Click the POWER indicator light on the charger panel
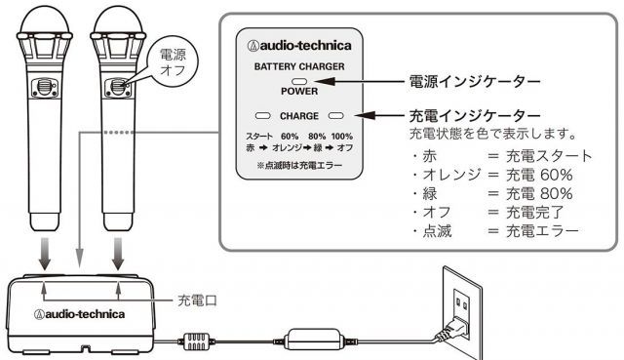pyautogui.click(x=299, y=82)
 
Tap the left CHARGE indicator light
pyautogui.click(x=262, y=116)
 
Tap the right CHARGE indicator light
pyautogui.click(x=335, y=116)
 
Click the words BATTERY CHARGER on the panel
pyautogui.click(x=299, y=66)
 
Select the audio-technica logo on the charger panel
pyautogui.click(x=299, y=46)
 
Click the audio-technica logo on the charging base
pyautogui.click(x=79, y=314)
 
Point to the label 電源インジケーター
pyautogui.click(x=475, y=81)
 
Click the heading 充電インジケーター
pyautogui.click(x=475, y=116)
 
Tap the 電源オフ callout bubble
pyautogui.click(x=173, y=61)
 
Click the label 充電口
pyautogui.click(x=197, y=300)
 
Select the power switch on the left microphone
pyautogui.click(x=45, y=87)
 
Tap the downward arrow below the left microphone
pyautogui.click(x=45, y=254)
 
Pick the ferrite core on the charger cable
pyautogui.click(x=196, y=341)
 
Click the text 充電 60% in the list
pyautogui.click(x=539, y=175)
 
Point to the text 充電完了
pyautogui.click(x=535, y=213)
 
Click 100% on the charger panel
pyautogui.click(x=342, y=137)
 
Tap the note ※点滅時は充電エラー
pyautogui.click(x=299, y=165)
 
